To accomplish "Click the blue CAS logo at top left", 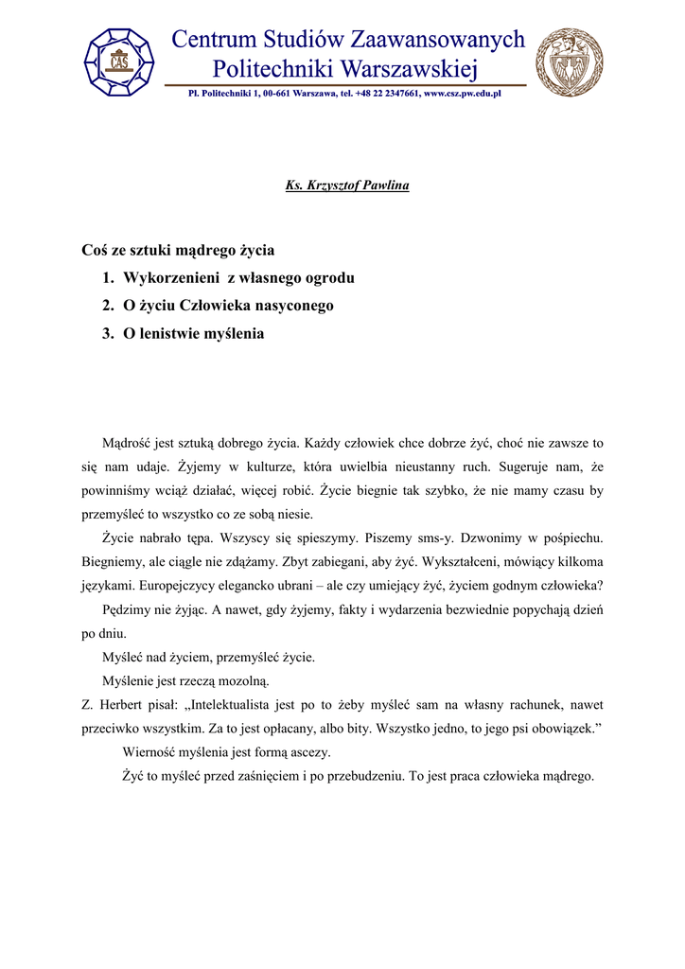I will coord(120,62).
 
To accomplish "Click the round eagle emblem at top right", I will coord(569,62).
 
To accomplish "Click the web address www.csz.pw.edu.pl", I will coord(462,94).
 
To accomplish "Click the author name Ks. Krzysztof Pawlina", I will coord(347,185).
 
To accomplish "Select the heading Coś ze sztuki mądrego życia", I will coord(178,251).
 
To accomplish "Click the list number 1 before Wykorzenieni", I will coord(107,278).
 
